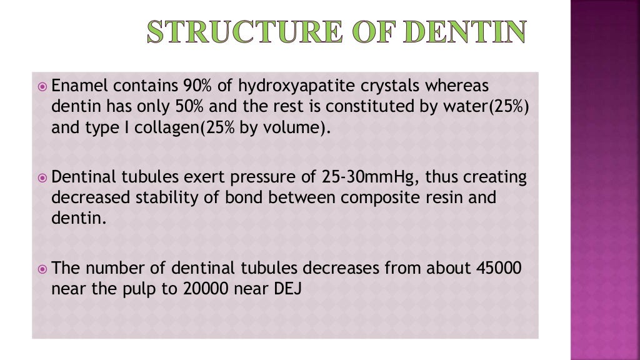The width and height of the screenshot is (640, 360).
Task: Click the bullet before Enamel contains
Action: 42,86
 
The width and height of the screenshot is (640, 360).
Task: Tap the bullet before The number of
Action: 42,269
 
